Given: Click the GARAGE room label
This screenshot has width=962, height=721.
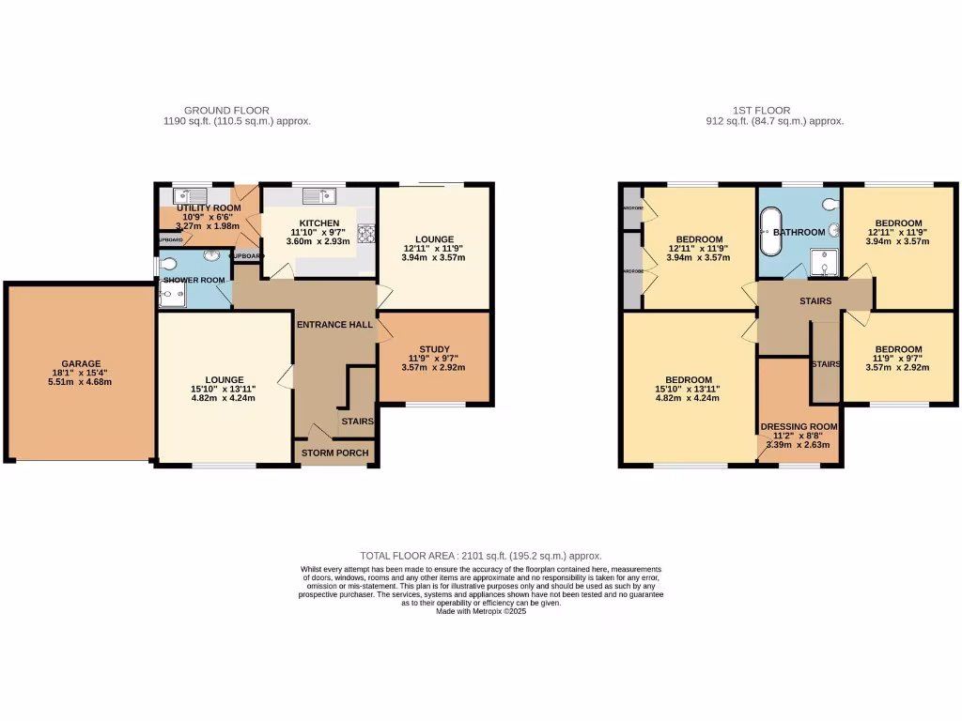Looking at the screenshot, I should pos(81,363).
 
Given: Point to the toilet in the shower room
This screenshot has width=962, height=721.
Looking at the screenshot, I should pos(167,265).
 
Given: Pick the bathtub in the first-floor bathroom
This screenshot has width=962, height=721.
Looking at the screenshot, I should pos(770,234).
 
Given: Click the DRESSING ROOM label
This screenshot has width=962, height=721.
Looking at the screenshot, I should pos(799,425).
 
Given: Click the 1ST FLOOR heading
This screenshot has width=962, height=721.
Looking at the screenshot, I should pos(761,110).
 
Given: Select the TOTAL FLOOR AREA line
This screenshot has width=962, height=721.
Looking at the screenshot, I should pos(481,556).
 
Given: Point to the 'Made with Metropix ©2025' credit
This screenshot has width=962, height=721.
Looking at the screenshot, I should pos(481,611).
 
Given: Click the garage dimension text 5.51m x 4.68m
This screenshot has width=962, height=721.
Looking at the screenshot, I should pos(81,382).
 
